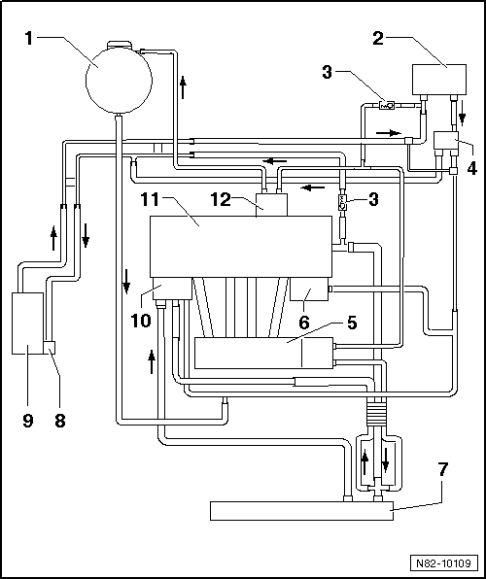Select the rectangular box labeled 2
(440, 79)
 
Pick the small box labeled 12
(269, 205)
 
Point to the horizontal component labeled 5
(262, 352)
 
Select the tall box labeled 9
(28, 323)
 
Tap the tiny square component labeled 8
(52, 346)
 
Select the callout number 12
(222, 198)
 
